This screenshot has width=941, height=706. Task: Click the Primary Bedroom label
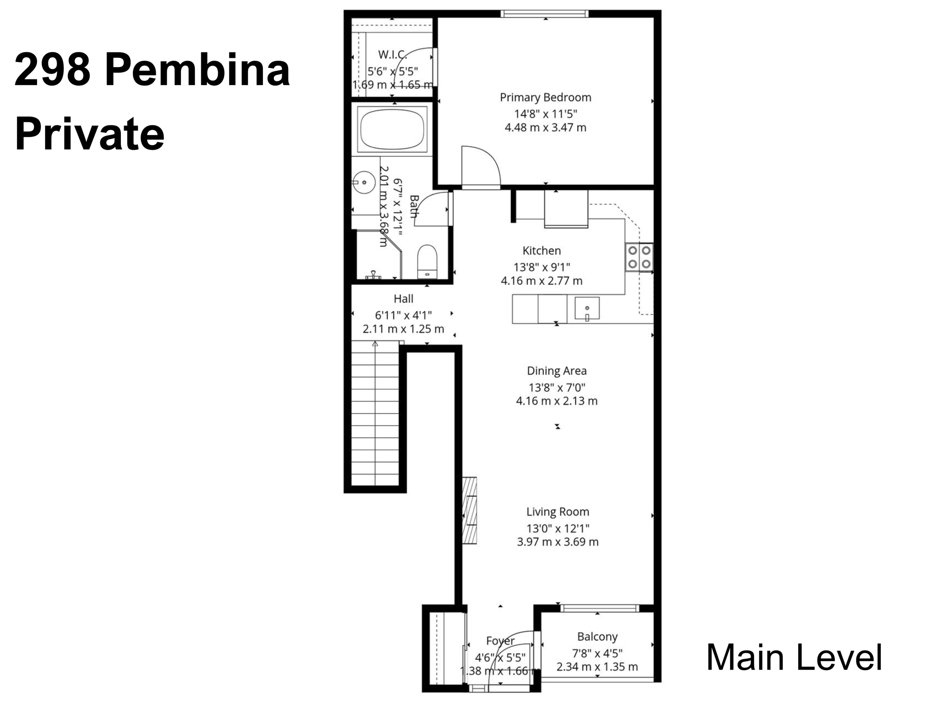pos(545,97)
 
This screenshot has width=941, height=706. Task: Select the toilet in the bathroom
pos(427,262)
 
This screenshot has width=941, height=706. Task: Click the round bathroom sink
pos(364,182)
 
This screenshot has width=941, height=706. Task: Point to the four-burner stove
pos(640,257)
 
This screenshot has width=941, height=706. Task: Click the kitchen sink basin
pos(587,308)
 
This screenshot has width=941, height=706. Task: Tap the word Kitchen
pos(542,251)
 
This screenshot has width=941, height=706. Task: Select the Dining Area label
pos(556,371)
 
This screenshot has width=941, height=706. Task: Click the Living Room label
pos(557,512)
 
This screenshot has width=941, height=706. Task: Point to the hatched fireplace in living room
pos(469,511)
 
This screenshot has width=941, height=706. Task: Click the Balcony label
pos(597,637)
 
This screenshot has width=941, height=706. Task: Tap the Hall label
pos(403,299)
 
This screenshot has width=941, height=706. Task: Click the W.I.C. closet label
pos(392,55)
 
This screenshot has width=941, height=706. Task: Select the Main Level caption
pos(794,658)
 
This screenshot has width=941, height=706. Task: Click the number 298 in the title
pos(52,70)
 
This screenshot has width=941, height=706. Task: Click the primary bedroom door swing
pos(480,166)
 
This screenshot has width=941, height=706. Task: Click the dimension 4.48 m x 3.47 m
pos(545,128)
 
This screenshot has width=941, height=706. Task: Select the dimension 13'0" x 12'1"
pos(557,529)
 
